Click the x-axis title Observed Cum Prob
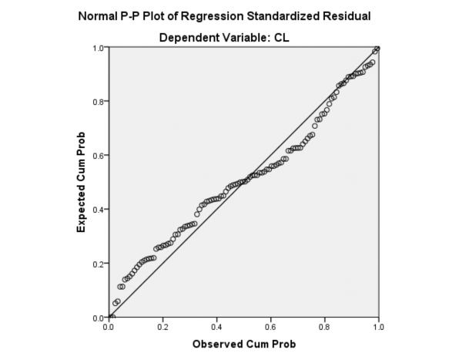pos(243,344)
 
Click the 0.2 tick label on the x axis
pos(163,327)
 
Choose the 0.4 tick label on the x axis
pos(216,327)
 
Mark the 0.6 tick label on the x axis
pos(270,327)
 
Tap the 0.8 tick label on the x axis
pos(324,327)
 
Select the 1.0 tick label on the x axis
pos(378,327)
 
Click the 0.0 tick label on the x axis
pos(109,327)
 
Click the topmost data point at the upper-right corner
pos(377,49)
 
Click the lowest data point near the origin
pos(112,316)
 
